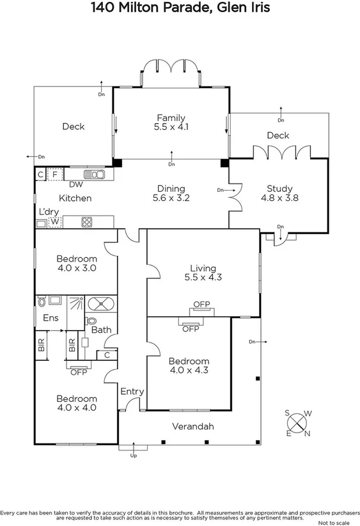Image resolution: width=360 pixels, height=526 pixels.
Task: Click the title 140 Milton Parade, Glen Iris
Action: coord(180,8)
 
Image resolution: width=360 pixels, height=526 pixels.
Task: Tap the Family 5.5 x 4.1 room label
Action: coord(171,122)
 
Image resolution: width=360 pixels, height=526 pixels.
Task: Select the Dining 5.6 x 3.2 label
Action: coord(171,193)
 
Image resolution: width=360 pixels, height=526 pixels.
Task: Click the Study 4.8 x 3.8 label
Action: coord(279,193)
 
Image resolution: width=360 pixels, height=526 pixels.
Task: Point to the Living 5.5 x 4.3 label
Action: coord(203,273)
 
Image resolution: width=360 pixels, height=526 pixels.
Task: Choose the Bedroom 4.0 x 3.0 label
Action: coord(76,264)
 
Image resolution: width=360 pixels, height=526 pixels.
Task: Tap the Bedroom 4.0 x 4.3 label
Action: coord(189,365)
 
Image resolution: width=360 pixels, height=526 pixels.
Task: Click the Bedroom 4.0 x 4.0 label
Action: coord(76,402)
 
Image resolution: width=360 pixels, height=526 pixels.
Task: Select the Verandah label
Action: coord(192,427)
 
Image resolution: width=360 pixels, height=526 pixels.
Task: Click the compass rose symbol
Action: coord(298,423)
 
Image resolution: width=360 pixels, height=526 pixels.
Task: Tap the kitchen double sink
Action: coord(95,174)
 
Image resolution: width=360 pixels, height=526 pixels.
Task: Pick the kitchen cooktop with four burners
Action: coord(87,223)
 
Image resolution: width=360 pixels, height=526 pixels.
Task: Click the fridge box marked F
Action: coord(55,174)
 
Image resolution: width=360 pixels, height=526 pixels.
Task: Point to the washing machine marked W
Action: coord(55,223)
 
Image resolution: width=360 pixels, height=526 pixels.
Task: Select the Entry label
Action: coord(132,392)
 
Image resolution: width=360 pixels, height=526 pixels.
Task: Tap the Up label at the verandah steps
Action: coord(133,456)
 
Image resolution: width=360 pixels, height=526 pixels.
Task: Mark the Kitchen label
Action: coord(75,198)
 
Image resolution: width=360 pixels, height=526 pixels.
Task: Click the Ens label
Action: coord(50,318)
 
